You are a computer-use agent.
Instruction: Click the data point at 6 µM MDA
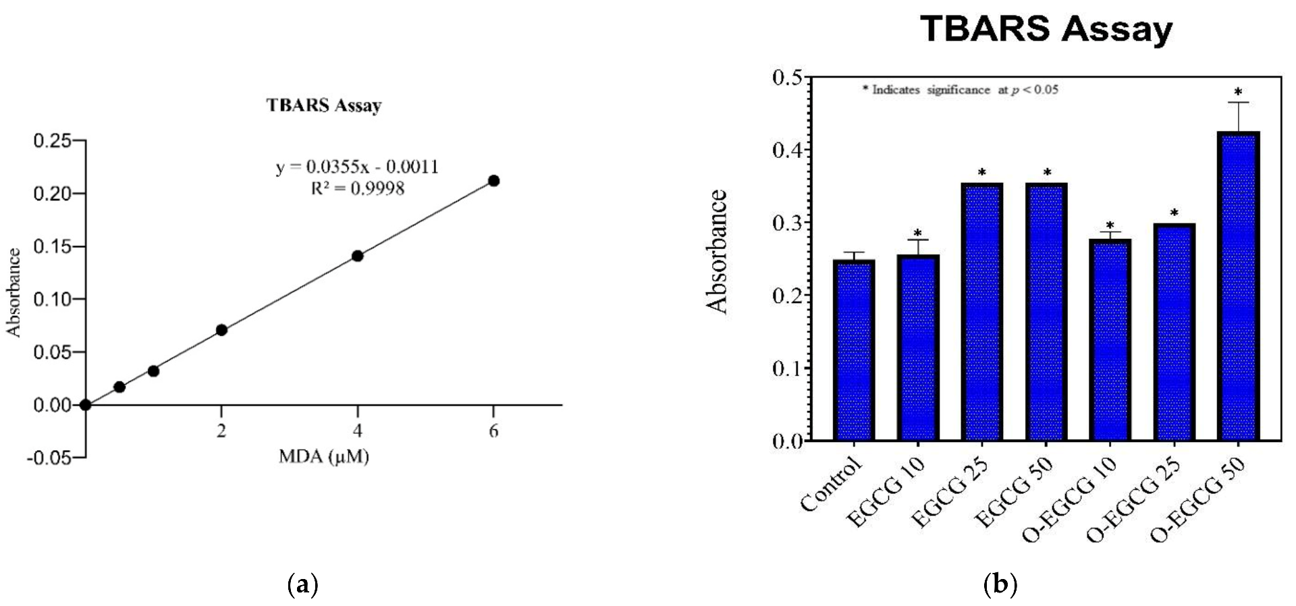[x=493, y=181]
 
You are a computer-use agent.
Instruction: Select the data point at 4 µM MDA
[x=357, y=256]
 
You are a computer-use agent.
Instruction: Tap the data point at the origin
[x=85, y=405]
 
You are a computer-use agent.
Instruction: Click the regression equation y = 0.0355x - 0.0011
[x=357, y=167]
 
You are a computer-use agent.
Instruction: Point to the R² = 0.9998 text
[x=357, y=188]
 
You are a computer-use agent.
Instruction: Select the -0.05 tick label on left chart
[x=49, y=458]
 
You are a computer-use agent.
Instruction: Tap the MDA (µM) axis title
[x=324, y=457]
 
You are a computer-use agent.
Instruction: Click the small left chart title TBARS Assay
[x=324, y=105]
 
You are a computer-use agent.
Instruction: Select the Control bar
[x=854, y=351]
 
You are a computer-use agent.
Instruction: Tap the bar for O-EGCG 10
[x=1110, y=340]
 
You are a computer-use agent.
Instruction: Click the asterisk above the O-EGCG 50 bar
[x=1238, y=92]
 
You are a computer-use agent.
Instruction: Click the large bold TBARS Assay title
[x=1046, y=30]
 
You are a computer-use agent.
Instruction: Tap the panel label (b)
[x=1000, y=584]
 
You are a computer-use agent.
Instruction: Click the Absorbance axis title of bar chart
[x=718, y=252]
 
